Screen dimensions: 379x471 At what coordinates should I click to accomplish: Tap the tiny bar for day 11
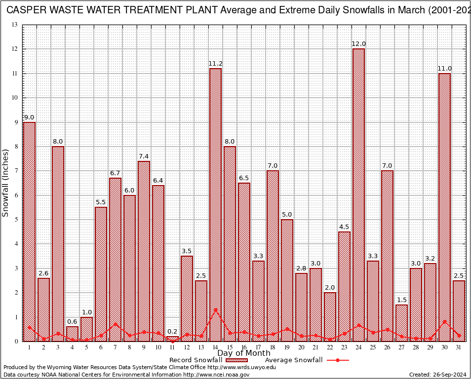172,339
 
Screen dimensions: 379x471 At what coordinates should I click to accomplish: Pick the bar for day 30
444,207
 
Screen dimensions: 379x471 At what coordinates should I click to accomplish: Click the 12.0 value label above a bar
358,44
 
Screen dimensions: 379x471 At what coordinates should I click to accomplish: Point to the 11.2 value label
215,64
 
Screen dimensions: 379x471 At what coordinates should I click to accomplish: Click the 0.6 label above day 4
72,322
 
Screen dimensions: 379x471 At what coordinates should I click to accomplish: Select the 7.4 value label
144,156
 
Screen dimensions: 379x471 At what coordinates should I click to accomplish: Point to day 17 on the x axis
258,347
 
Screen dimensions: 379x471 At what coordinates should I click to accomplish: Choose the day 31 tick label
459,347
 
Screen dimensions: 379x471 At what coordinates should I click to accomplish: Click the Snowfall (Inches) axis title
5,183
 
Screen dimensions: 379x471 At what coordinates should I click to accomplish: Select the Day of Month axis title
243,353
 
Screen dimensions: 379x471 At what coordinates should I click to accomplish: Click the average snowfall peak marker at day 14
215,310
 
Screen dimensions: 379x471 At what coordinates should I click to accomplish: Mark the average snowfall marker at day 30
444,322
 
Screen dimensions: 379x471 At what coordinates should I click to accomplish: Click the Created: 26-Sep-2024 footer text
437,375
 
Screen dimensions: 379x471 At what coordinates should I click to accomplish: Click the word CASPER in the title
25,10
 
